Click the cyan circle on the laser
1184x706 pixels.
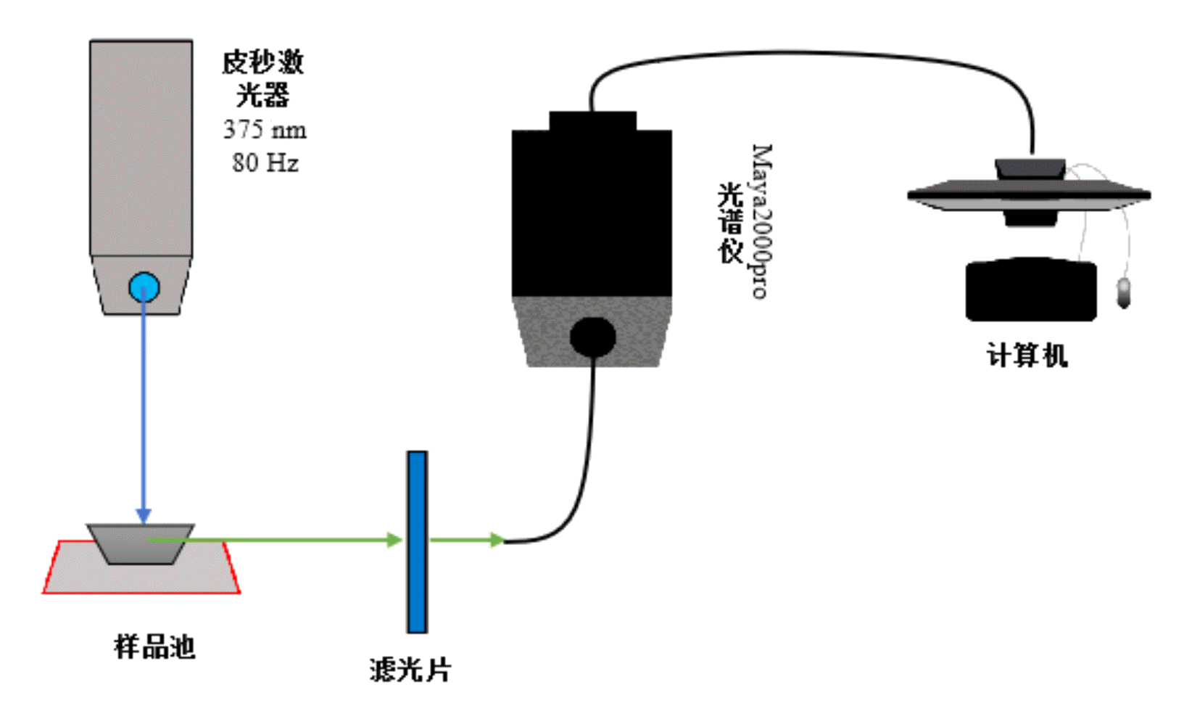tap(144, 287)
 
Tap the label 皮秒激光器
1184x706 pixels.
tap(262, 78)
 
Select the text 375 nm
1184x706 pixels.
tap(265, 130)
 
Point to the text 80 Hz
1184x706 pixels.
tap(265, 163)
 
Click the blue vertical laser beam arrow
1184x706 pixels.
tap(144, 406)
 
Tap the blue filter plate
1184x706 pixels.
tap(417, 541)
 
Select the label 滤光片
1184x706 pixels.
tap(410, 669)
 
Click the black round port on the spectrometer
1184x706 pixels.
tap(592, 337)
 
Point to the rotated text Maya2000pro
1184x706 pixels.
tap(761, 221)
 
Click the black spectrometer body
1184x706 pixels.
tap(592, 210)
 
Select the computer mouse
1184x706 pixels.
tap(1124, 292)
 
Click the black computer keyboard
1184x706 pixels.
tap(1030, 290)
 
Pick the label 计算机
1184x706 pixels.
tap(1027, 356)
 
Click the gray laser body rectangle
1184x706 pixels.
tap(141, 145)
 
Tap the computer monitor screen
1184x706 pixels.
tap(1030, 194)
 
